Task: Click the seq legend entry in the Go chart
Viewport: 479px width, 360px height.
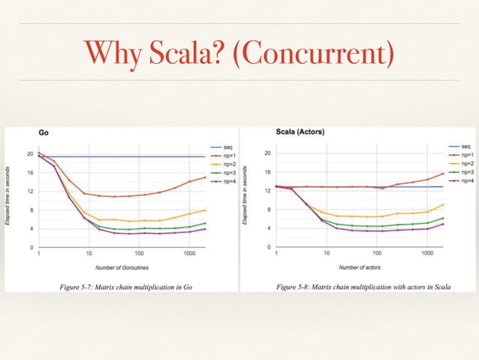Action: (221, 146)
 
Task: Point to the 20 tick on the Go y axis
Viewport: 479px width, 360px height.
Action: (29, 154)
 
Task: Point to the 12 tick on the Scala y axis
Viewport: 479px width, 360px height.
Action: (267, 191)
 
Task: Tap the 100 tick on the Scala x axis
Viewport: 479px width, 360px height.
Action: (377, 253)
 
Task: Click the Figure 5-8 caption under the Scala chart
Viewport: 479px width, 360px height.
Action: (358, 286)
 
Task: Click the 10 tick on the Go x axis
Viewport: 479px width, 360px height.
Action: (89, 253)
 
